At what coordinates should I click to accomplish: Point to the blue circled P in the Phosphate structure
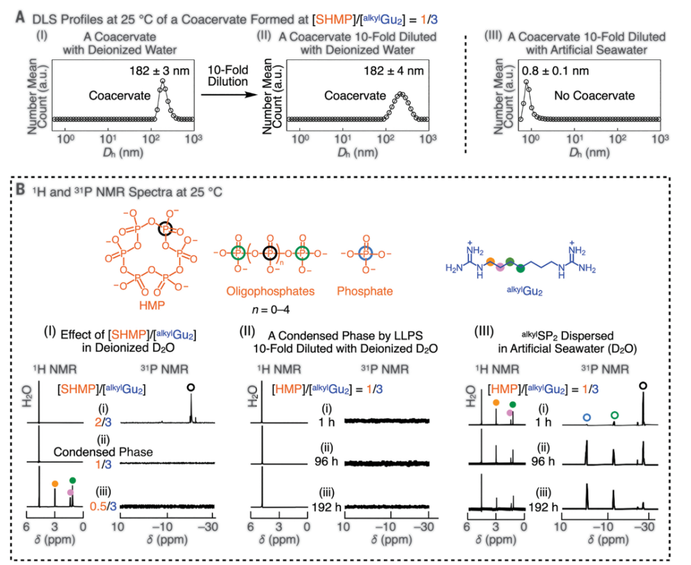coord(365,254)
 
